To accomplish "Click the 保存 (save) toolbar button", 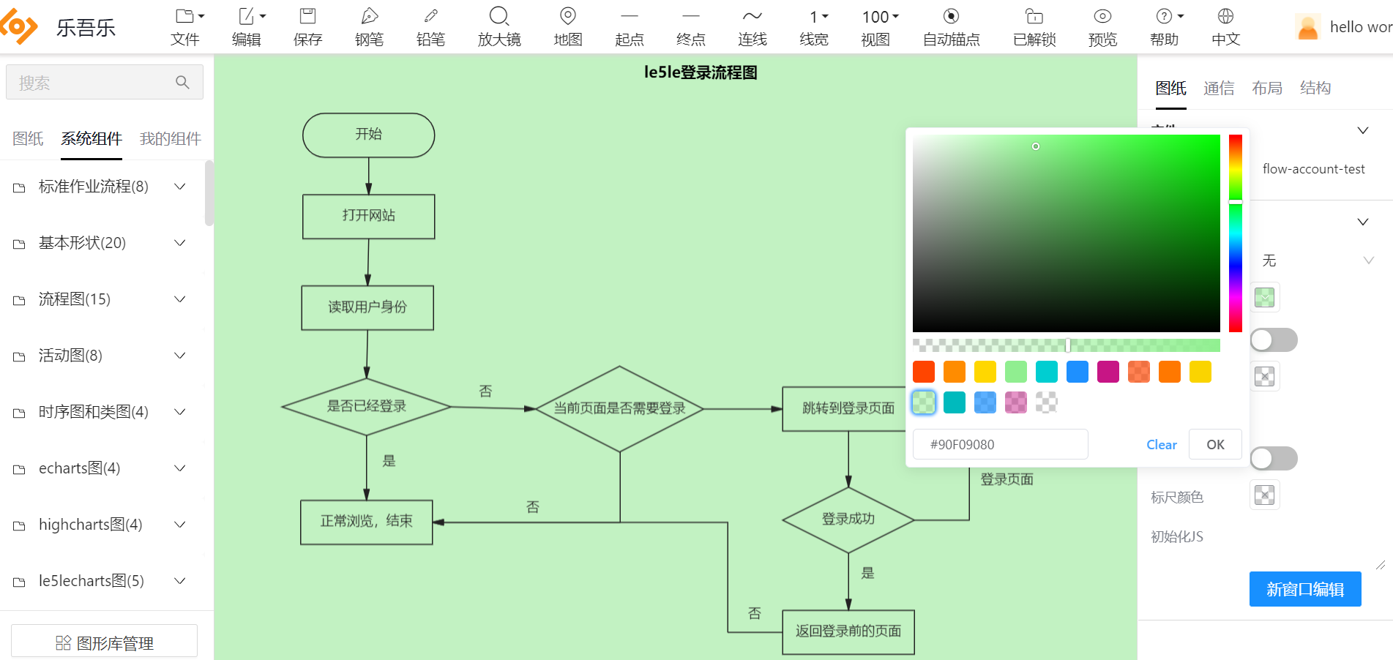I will coord(307,27).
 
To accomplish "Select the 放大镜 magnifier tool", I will coord(499,27).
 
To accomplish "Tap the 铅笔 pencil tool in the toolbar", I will coord(430,27).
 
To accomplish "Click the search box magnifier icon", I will coord(182,83).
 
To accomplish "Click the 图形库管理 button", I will coord(105,642).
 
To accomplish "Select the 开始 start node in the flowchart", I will coord(368,135).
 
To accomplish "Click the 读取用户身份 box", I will coord(367,307).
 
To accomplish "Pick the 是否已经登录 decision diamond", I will coord(366,406).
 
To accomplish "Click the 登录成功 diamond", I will coord(848,520).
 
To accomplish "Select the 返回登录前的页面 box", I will coord(848,631).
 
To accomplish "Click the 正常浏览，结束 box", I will coord(366,522).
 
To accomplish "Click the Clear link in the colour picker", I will coord(1161,445).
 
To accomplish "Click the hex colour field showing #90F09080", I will coord(1000,445).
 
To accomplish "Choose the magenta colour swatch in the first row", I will coord(1108,372).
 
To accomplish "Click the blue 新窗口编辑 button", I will coord(1304,589).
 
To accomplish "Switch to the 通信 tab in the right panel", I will coord(1219,89).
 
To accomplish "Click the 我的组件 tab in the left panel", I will coord(170,139).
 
